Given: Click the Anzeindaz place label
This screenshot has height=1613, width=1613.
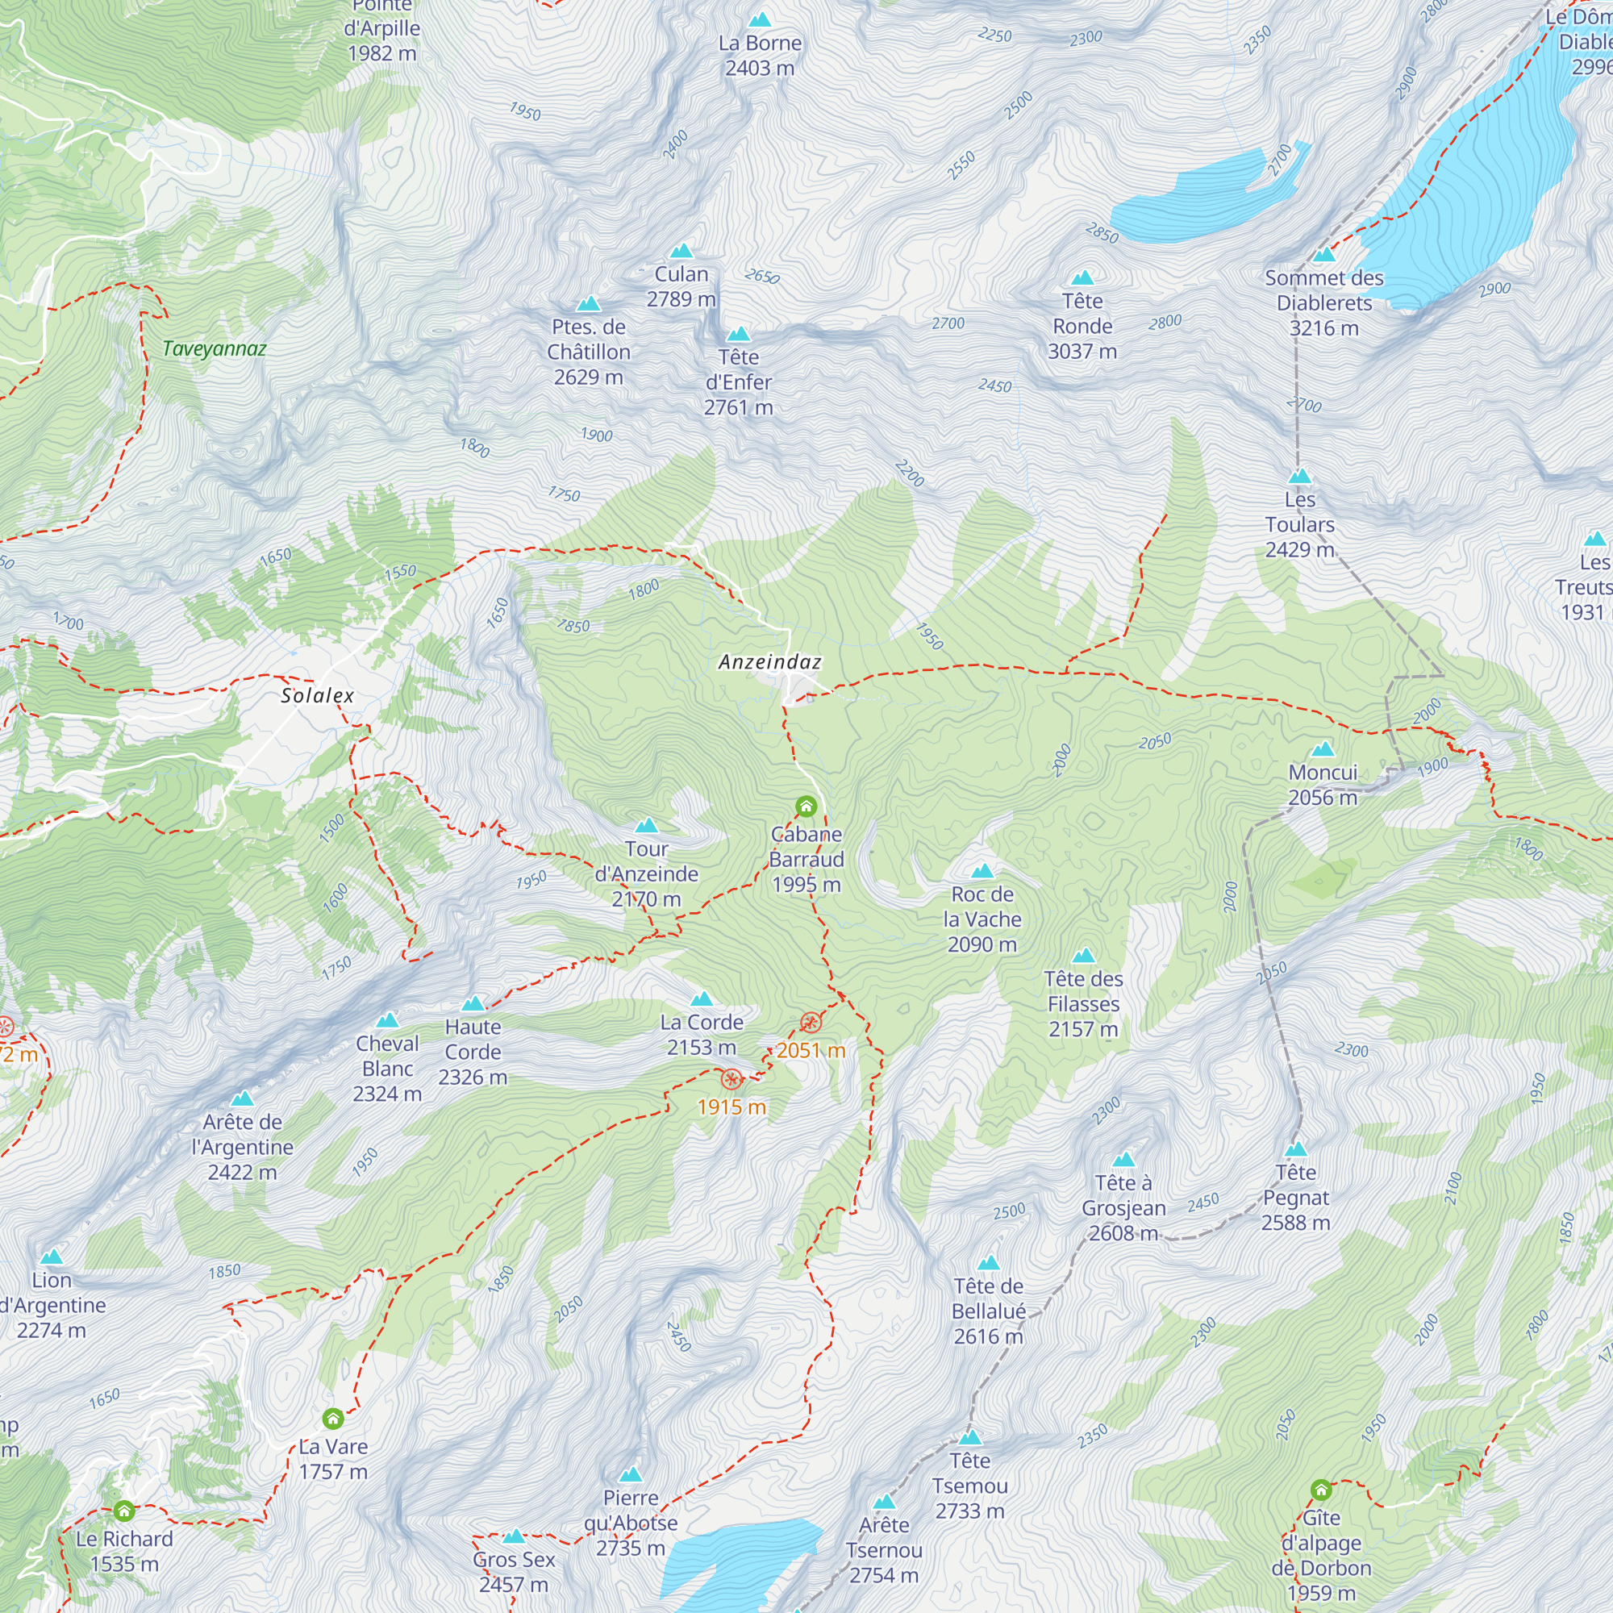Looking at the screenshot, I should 769,662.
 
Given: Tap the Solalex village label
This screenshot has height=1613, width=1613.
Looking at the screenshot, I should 317,695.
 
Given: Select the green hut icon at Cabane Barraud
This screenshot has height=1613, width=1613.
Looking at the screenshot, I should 806,806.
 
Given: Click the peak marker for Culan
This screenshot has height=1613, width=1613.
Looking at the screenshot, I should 681,252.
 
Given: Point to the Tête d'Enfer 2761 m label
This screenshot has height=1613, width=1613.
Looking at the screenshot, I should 738,382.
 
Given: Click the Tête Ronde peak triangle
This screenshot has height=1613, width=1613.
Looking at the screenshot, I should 1082,278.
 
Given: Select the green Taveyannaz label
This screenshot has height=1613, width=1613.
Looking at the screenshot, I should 215,349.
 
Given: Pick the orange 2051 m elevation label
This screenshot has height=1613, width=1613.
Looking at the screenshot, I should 811,1050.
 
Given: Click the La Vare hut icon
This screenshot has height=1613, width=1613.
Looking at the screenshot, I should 332,1419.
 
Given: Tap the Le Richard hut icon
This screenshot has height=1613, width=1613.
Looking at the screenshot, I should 123,1511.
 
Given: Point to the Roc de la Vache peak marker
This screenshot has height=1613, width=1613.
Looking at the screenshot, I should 982,872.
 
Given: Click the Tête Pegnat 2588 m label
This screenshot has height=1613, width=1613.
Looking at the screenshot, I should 1295,1197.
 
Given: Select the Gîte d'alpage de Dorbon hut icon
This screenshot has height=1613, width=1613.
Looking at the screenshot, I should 1320,1490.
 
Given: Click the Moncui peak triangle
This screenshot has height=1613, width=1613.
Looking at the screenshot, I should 1323,750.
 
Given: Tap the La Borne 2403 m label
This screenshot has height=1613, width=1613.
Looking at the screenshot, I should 759,55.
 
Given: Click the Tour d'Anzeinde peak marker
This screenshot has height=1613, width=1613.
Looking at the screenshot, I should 646,827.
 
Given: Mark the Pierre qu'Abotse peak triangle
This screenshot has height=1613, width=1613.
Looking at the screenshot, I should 631,1475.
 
